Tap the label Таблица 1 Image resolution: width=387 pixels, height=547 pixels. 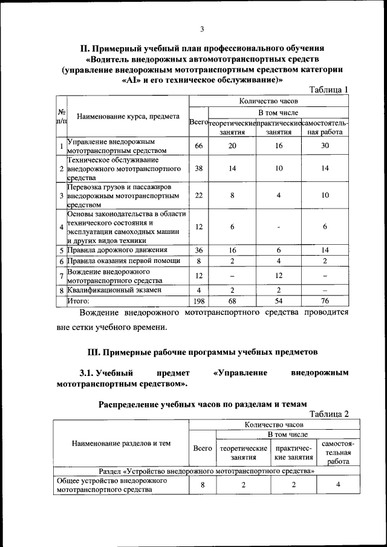(329, 89)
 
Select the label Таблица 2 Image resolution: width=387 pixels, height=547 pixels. (329, 414)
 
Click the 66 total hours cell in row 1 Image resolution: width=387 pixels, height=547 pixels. (198, 146)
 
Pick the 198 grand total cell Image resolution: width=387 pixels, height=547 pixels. (198, 300)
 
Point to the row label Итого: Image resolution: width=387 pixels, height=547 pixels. (78, 300)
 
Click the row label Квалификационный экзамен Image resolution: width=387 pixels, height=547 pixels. (114, 290)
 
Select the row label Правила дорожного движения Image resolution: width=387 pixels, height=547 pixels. (113, 250)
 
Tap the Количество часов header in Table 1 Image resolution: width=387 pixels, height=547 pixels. (268, 102)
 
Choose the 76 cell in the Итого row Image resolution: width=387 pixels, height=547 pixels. (325, 300)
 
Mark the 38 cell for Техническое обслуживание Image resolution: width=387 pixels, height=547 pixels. (198, 169)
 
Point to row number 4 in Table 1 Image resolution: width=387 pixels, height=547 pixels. (62, 227)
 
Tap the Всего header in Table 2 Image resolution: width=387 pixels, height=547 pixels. (203, 448)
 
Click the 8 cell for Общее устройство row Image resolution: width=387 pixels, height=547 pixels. (203, 485)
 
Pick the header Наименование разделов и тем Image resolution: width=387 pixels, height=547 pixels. (121, 444)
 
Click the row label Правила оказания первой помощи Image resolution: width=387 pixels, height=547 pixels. (123, 261)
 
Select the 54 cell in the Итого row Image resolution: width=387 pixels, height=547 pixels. (279, 300)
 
